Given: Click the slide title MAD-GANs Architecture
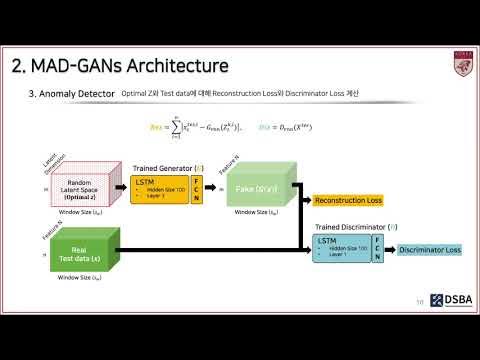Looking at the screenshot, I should point(120,66).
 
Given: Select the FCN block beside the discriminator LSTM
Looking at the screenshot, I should point(377,250).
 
